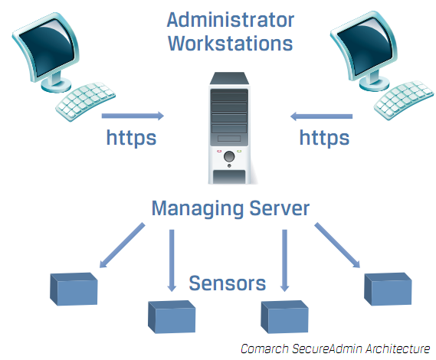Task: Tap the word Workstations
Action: [230, 42]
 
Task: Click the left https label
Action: [131, 138]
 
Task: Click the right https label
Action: [324, 138]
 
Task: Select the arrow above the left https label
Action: [133, 116]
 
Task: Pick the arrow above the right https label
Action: [321, 116]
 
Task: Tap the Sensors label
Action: [228, 283]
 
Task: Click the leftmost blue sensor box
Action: [74, 288]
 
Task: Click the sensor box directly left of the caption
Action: [284, 316]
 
